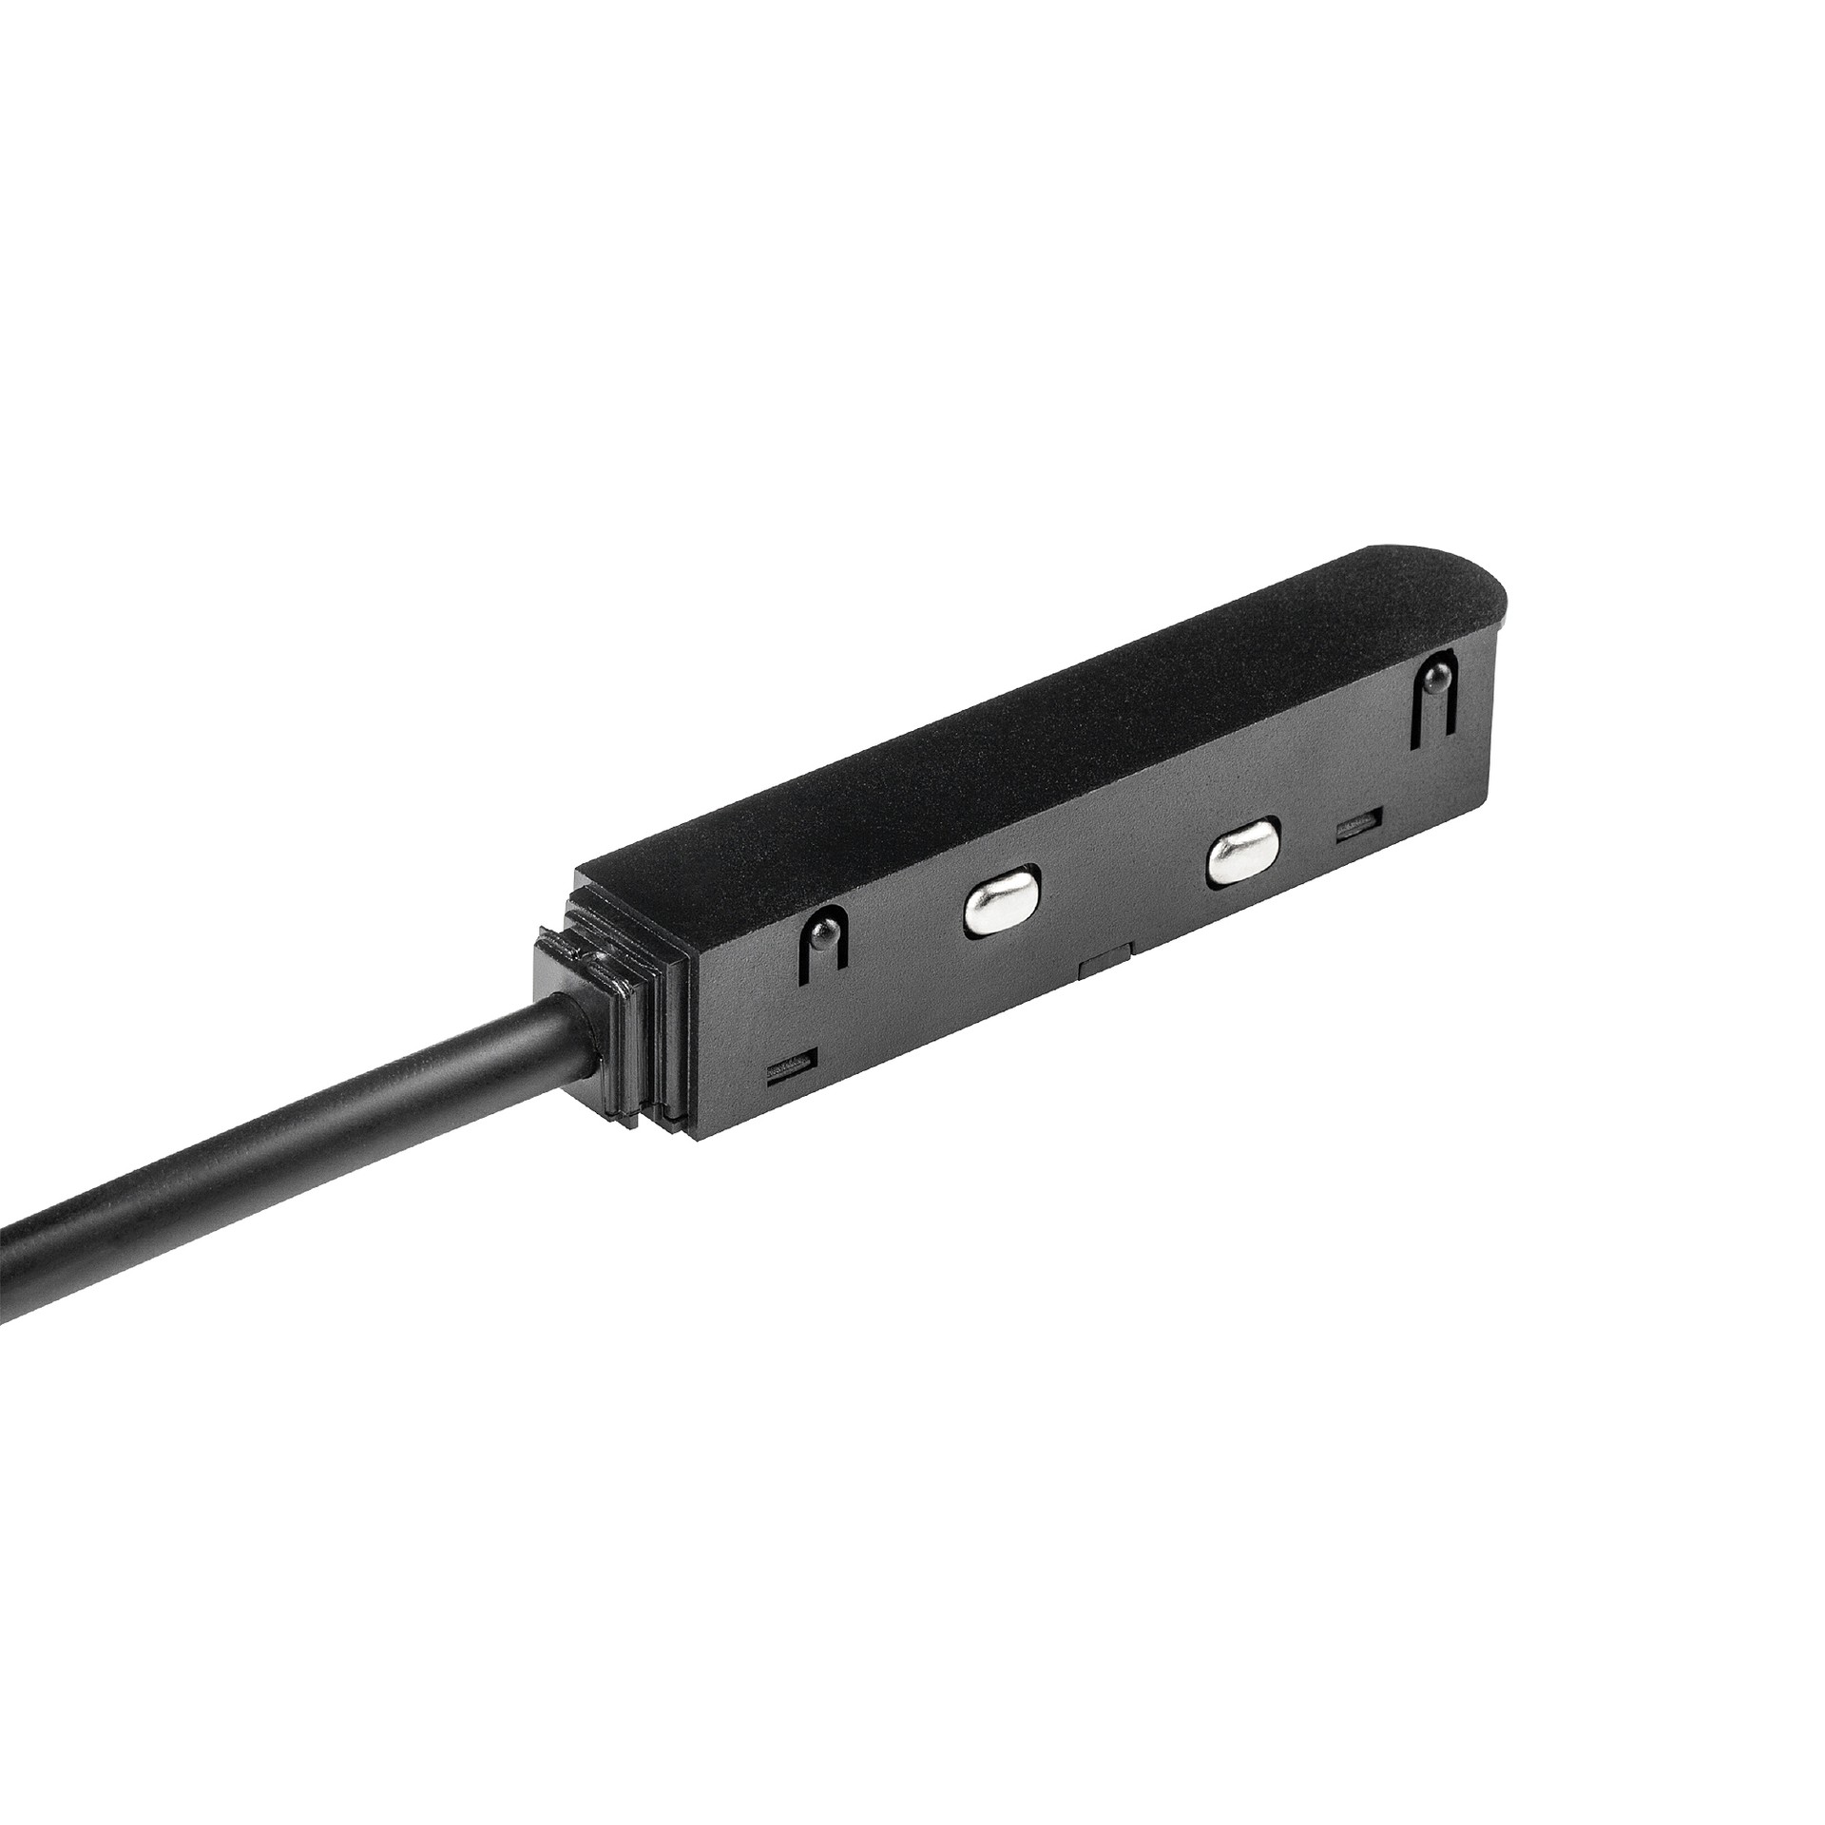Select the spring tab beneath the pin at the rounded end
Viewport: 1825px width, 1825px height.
pos(1432,718)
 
